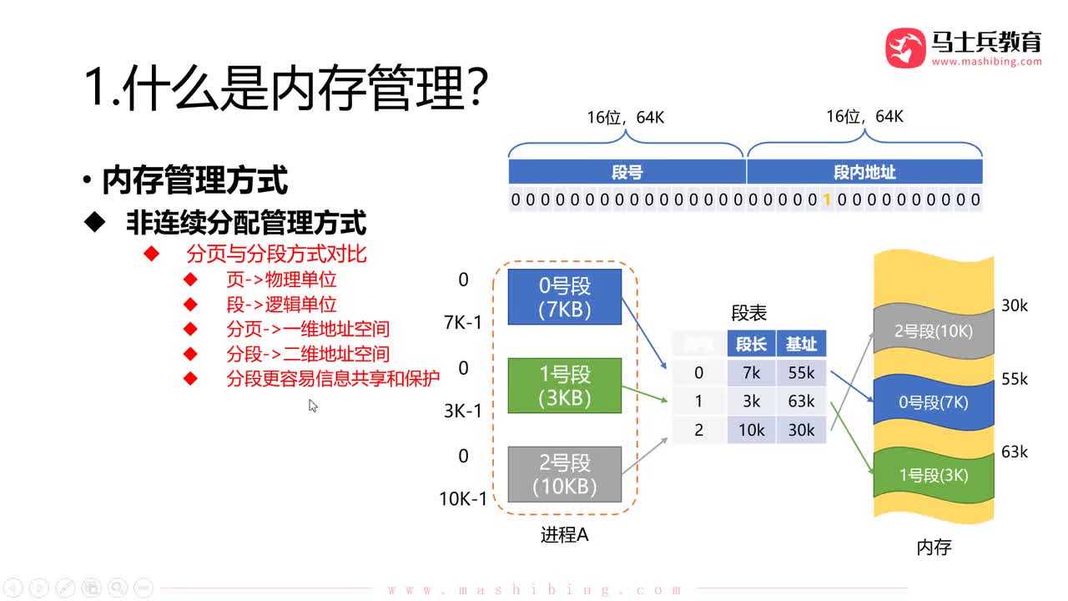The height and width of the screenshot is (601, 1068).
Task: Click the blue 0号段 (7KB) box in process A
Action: coord(566,297)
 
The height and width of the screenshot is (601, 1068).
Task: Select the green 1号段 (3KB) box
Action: coord(566,386)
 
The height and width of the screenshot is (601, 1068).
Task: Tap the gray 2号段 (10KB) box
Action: coord(566,474)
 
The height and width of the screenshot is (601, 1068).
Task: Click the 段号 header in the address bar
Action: coord(627,172)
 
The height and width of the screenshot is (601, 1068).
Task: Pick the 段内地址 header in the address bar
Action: coord(864,172)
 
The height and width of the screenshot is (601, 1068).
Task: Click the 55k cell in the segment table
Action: coord(801,372)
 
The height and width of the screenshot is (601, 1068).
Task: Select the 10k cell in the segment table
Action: coord(751,429)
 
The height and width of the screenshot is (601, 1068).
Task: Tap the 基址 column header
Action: coord(801,344)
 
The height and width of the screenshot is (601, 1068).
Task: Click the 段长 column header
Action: coord(751,344)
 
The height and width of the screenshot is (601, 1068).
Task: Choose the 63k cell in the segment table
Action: coord(801,401)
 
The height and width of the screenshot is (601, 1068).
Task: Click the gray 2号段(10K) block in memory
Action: coord(934,331)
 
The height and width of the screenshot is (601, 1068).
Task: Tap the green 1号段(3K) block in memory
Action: coord(934,475)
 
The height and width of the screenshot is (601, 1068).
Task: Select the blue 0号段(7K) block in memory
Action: coord(934,402)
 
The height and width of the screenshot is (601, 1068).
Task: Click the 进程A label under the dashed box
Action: coord(564,535)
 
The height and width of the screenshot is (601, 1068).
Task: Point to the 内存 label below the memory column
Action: coord(934,548)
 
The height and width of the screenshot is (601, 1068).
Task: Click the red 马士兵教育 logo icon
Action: coord(905,48)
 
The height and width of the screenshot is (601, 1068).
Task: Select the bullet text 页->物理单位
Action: coord(281,280)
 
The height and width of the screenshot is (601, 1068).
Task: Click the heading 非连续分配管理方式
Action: coord(245,222)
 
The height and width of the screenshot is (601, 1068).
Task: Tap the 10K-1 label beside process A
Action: coord(463,499)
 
